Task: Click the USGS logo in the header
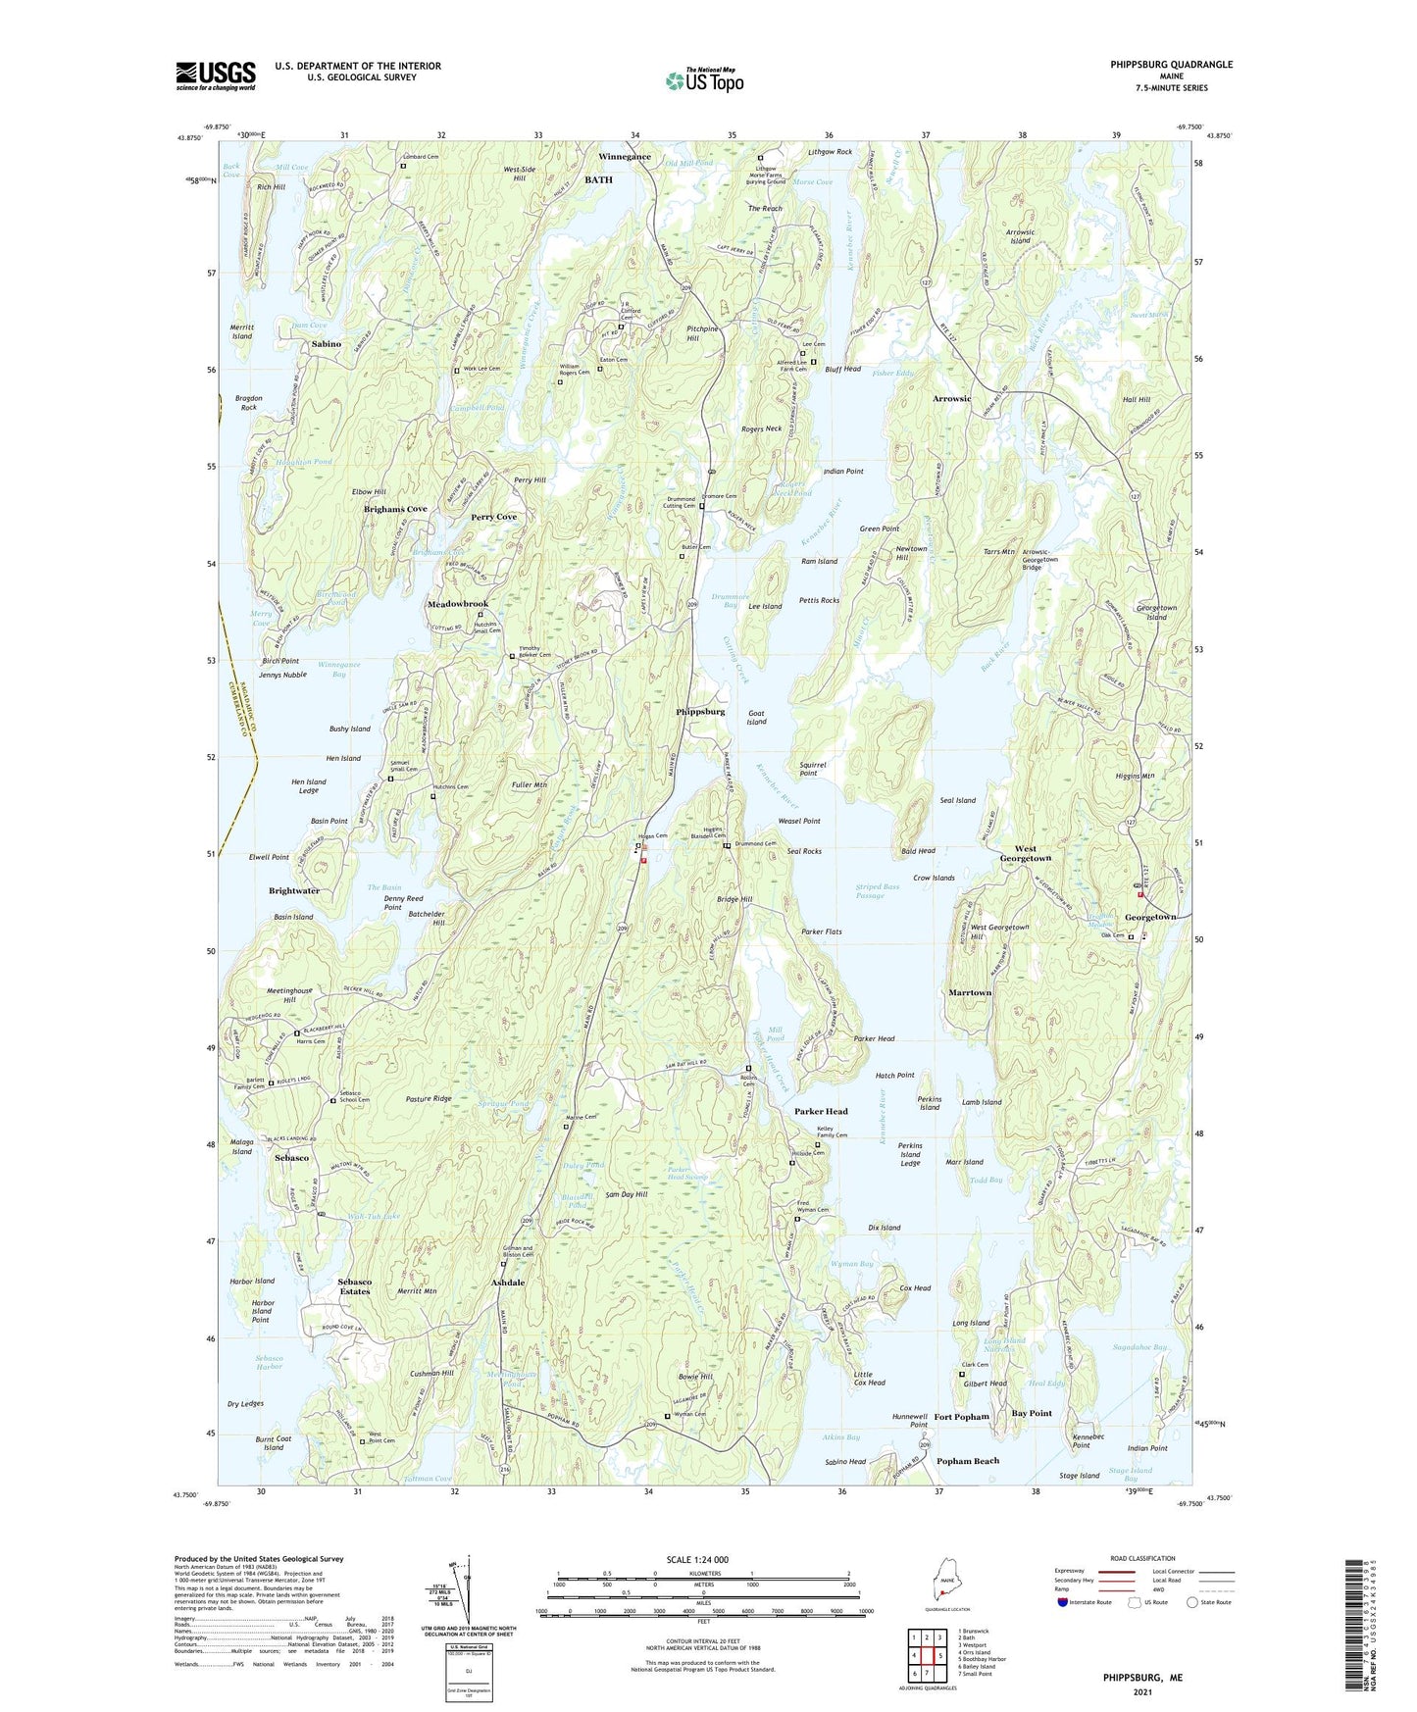coord(216,76)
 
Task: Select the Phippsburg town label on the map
coord(700,711)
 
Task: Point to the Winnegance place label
coord(625,157)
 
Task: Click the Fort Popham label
coord(961,1417)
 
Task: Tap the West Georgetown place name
coord(1025,853)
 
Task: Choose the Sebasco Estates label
coord(354,1286)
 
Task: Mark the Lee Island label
coord(765,606)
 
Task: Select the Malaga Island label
coord(241,1146)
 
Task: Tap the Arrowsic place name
coord(951,399)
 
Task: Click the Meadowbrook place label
coord(457,604)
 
